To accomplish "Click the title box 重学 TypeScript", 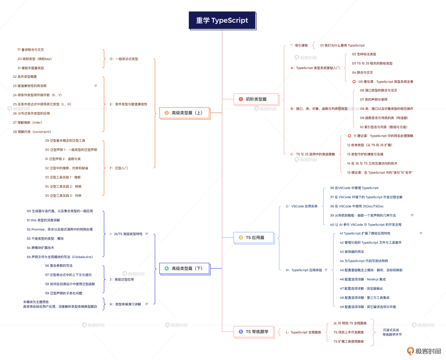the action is [222, 20].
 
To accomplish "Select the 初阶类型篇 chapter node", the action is [256, 99].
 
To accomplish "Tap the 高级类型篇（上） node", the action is [184, 113].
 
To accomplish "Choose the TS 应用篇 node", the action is [254, 237].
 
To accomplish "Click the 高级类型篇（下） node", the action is [184, 268].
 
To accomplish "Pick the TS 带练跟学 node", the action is [254, 331].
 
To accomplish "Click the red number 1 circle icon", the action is [241, 99].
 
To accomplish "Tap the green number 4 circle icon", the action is [167, 268].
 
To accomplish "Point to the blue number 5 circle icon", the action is [241, 331].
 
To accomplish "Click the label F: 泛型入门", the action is [119, 168].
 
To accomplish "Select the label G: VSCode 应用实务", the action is [301, 206].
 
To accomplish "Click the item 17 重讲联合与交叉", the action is [31, 50].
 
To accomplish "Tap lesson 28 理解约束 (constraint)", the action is [32, 132].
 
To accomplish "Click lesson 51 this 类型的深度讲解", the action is [43, 220].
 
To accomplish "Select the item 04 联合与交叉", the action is [363, 73].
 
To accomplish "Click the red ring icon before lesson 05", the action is [354, 82].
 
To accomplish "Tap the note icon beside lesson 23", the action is [96, 86].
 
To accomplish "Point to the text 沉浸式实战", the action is [391, 330].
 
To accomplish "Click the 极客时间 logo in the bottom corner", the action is [424, 351].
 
